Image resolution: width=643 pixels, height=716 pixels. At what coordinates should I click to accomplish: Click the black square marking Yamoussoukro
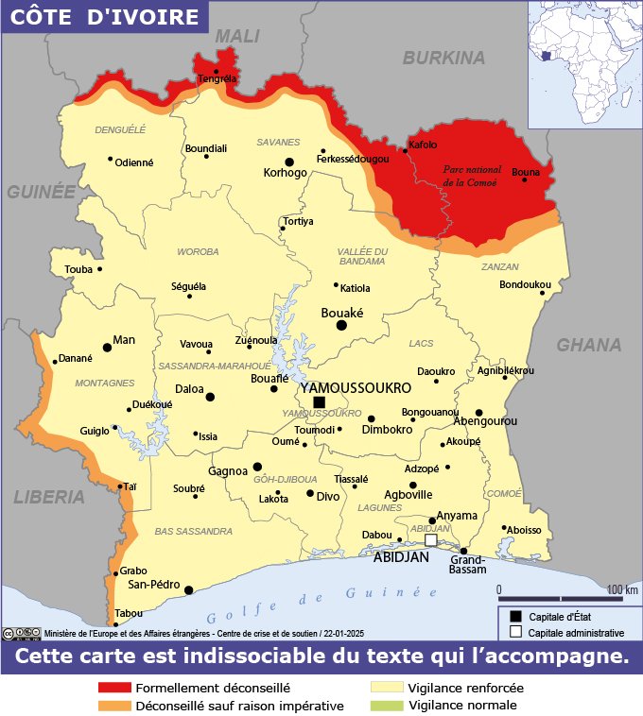pos(319,401)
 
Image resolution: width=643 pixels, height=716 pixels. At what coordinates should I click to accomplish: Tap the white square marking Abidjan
pos(431,541)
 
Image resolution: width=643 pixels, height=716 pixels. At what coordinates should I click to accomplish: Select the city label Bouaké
pos(343,312)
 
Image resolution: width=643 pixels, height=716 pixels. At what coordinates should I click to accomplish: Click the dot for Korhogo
pos(289,162)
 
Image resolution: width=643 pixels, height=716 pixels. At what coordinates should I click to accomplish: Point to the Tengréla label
pos(217,79)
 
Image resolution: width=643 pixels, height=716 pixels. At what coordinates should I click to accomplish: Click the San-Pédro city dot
pos(188,590)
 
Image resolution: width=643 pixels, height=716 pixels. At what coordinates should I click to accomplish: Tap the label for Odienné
pos(134,162)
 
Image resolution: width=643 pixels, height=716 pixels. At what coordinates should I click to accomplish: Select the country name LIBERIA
pos(49,497)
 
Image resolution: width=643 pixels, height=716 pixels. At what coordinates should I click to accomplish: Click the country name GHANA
pos(588,345)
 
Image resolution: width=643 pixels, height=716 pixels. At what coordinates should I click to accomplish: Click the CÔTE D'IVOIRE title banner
pos(104,17)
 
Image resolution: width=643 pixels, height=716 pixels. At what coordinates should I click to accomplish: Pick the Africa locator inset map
pos(584,62)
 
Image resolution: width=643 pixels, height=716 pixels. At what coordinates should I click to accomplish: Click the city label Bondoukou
pos(525,283)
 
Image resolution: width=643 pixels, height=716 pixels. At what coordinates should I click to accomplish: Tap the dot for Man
pos(107,348)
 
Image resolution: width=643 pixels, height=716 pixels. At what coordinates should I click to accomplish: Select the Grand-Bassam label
pos(468,565)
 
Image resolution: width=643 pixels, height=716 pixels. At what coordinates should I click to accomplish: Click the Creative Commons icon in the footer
pos(9,634)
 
